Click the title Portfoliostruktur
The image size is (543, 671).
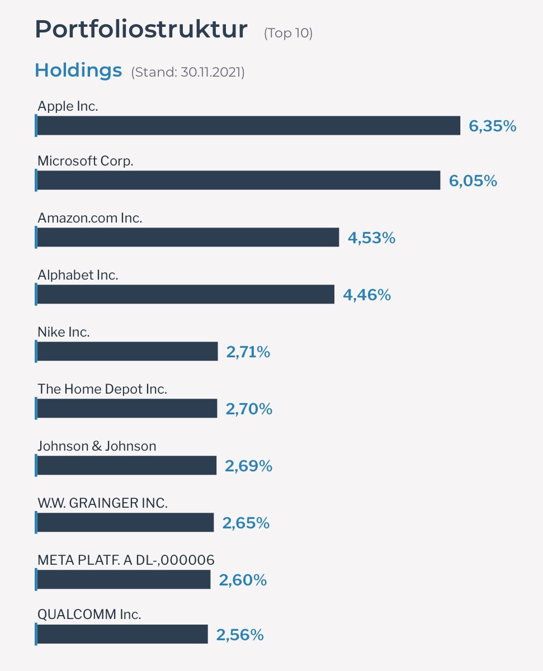[141, 30]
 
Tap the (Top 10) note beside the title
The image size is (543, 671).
[288, 33]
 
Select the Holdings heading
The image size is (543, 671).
[78, 70]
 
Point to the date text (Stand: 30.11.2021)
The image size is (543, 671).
[188, 72]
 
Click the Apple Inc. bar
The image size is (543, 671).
[248, 126]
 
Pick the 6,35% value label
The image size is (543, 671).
[492, 126]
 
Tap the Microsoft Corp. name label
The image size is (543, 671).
[85, 161]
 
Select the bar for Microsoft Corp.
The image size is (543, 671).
[238, 180]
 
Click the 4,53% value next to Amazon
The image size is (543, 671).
[371, 238]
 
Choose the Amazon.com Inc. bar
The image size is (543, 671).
[188, 237]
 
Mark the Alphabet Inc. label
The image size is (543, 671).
[78, 275]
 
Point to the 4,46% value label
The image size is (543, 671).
[367, 295]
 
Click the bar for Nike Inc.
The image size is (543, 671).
[128, 352]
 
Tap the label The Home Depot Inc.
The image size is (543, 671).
[102, 389]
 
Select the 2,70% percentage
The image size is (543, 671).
[249, 409]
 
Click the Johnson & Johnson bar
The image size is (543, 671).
[126, 465]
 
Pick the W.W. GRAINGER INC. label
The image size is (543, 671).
[102, 503]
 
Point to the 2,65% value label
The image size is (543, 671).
[246, 523]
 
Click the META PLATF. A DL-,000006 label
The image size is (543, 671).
[126, 560]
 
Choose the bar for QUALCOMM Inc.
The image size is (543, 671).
[122, 634]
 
